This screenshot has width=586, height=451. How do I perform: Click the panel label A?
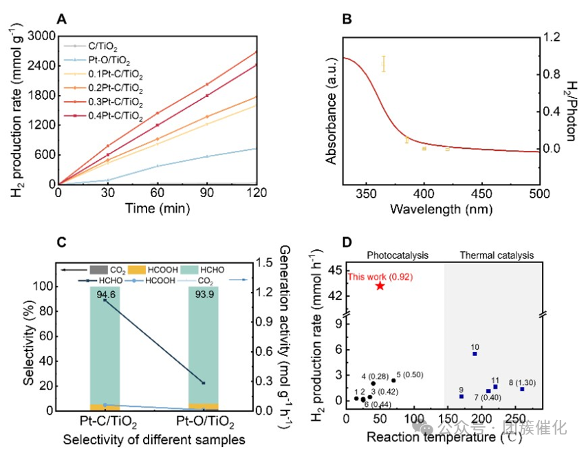[x=62, y=20]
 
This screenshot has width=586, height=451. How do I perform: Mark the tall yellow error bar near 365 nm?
[x=384, y=64]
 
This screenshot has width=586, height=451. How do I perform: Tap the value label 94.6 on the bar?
[x=105, y=295]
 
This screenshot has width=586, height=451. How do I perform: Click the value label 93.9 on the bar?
[x=203, y=295]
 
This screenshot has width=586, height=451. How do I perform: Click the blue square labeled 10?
[x=475, y=354]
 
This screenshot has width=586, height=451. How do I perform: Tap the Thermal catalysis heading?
[x=496, y=255]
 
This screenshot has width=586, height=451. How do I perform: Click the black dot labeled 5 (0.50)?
[x=393, y=380]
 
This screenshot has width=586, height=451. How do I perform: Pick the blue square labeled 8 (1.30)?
[x=522, y=389]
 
